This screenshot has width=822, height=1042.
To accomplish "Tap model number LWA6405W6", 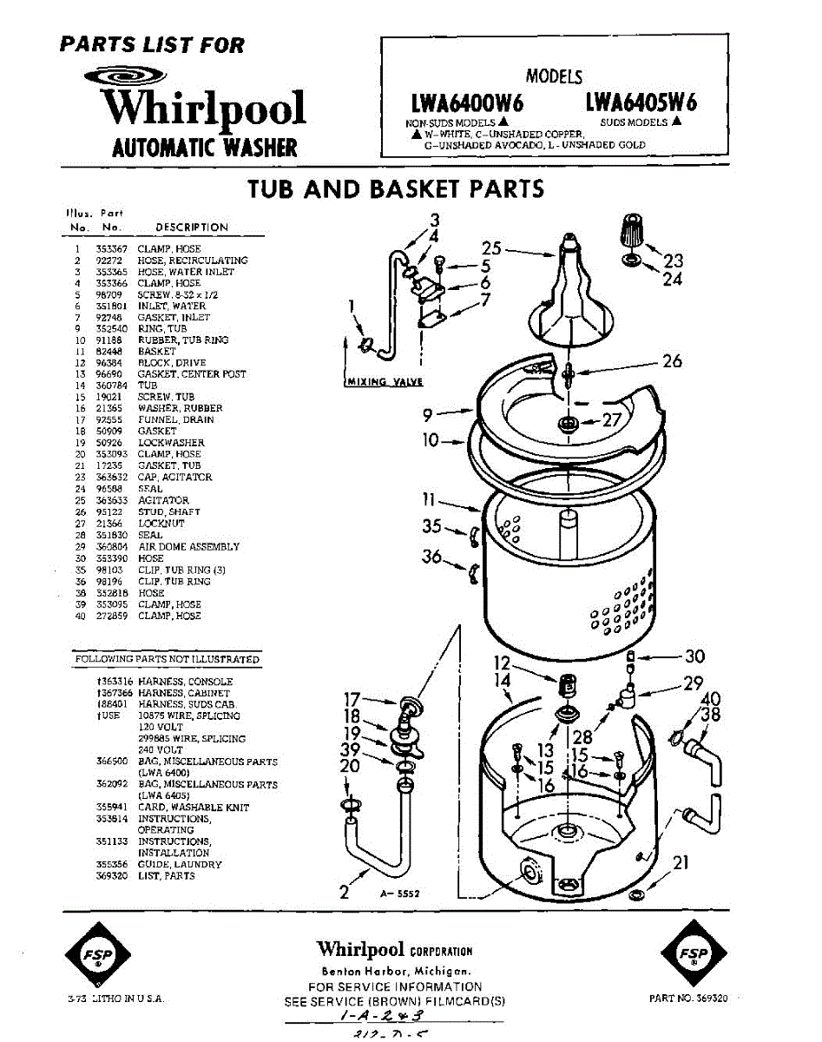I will click(x=640, y=102).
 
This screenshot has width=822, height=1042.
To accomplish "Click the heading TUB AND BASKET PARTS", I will click(x=396, y=188).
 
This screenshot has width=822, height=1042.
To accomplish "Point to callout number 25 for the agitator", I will click(x=492, y=247).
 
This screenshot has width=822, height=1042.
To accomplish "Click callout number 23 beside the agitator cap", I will click(x=673, y=260).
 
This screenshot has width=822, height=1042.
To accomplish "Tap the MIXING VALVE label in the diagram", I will click(x=384, y=381).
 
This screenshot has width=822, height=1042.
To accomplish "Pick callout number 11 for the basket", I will click(x=428, y=499).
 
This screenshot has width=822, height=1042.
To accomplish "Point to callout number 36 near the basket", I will click(x=431, y=555).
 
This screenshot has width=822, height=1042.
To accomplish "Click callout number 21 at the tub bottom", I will click(x=681, y=861).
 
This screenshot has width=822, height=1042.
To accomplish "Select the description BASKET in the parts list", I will click(x=157, y=352).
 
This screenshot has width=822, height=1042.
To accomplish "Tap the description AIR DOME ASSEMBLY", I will click(x=188, y=547).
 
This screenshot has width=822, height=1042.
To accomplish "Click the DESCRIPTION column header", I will click(x=192, y=228).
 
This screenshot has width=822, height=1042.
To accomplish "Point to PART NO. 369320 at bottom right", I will click(x=688, y=999).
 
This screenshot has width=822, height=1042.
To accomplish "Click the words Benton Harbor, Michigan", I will click(x=395, y=970).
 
